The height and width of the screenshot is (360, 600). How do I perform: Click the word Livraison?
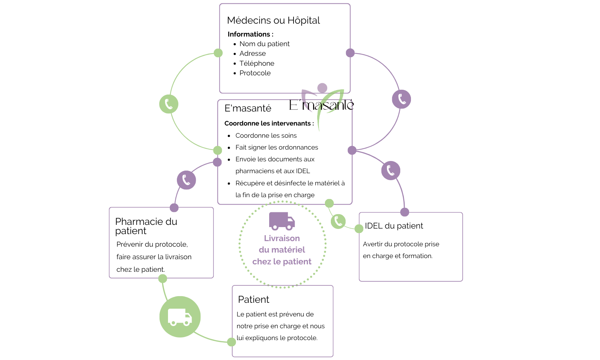point(282,238)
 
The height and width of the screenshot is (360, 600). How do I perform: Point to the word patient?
point(297,261)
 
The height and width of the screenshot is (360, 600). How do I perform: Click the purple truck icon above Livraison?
point(282,221)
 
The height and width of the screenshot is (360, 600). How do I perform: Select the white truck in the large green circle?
point(180,317)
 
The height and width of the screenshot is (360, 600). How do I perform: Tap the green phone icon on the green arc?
point(169,104)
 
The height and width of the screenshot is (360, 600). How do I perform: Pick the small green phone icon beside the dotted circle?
point(338,221)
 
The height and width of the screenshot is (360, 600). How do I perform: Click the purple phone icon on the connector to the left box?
point(186,180)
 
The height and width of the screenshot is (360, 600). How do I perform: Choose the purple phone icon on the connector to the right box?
point(391,171)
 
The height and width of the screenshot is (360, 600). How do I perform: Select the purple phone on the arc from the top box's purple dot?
point(401,99)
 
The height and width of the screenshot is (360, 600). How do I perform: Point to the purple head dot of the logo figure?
point(322,88)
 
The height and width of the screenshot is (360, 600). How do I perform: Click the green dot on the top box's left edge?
point(218,53)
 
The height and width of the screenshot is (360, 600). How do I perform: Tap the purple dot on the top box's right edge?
point(350,53)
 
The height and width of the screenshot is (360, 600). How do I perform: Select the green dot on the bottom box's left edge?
point(232,342)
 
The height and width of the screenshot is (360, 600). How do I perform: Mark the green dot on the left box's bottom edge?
point(162,278)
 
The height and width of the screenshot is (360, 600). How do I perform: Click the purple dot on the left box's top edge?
point(174,208)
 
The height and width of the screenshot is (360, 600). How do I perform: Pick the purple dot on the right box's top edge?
point(405,212)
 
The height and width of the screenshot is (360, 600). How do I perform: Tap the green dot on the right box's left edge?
point(359,229)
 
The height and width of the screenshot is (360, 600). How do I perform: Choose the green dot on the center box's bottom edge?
point(329,203)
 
